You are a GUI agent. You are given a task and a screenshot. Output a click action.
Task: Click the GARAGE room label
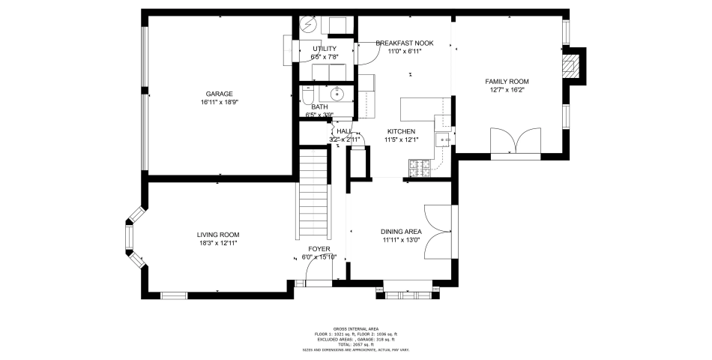point(219,94)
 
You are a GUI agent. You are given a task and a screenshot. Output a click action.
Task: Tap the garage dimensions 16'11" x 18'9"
point(219,102)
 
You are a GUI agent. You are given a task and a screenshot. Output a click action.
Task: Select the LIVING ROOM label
point(218,235)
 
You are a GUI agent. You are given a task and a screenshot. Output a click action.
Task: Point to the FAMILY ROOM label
point(507,81)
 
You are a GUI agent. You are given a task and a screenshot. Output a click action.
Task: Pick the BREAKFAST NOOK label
point(405,43)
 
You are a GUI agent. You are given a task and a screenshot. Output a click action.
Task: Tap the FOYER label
point(319,248)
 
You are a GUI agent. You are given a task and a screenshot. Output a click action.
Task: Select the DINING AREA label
point(402,232)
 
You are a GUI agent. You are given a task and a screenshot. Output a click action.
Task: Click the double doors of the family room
point(515,141)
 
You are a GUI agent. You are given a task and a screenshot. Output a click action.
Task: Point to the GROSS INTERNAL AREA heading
point(355,328)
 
